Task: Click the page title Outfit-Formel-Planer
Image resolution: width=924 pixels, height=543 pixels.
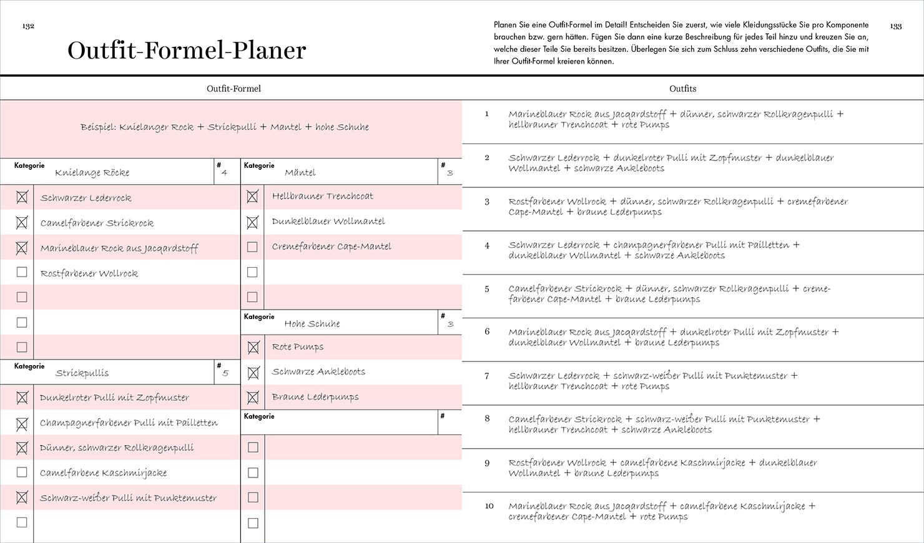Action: [187, 51]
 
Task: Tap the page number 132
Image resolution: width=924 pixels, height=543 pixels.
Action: [28, 26]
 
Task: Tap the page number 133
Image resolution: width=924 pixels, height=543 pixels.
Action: [896, 26]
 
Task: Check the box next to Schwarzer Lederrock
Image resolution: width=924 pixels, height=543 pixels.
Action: [22, 198]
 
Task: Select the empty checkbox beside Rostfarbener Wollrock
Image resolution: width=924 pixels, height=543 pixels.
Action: [22, 272]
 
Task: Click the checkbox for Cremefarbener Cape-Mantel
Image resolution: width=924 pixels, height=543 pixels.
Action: [252, 247]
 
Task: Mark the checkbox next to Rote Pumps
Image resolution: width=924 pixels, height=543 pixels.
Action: [253, 347]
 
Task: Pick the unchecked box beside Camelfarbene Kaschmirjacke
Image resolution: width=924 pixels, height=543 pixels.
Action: [22, 472]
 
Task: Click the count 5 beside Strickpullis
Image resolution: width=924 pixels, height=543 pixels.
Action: [225, 373]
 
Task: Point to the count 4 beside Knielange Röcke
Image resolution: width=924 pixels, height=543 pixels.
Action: [224, 173]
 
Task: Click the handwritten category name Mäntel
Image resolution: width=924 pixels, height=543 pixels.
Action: [300, 172]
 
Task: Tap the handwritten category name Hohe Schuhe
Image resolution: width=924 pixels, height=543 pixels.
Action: [312, 323]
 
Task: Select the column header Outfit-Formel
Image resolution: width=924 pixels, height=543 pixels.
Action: [233, 89]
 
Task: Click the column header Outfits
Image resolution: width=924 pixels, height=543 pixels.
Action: [682, 89]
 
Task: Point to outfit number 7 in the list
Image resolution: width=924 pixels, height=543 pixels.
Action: [487, 376]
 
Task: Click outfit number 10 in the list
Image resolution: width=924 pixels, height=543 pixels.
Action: [489, 506]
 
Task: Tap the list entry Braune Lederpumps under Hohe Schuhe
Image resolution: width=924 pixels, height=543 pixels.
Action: [315, 397]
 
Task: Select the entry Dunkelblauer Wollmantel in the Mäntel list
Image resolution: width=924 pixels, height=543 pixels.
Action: [328, 222]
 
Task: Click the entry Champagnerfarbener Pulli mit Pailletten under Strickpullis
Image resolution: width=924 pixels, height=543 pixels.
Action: [129, 423]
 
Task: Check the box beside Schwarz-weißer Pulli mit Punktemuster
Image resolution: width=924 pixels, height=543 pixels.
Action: [22, 497]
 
